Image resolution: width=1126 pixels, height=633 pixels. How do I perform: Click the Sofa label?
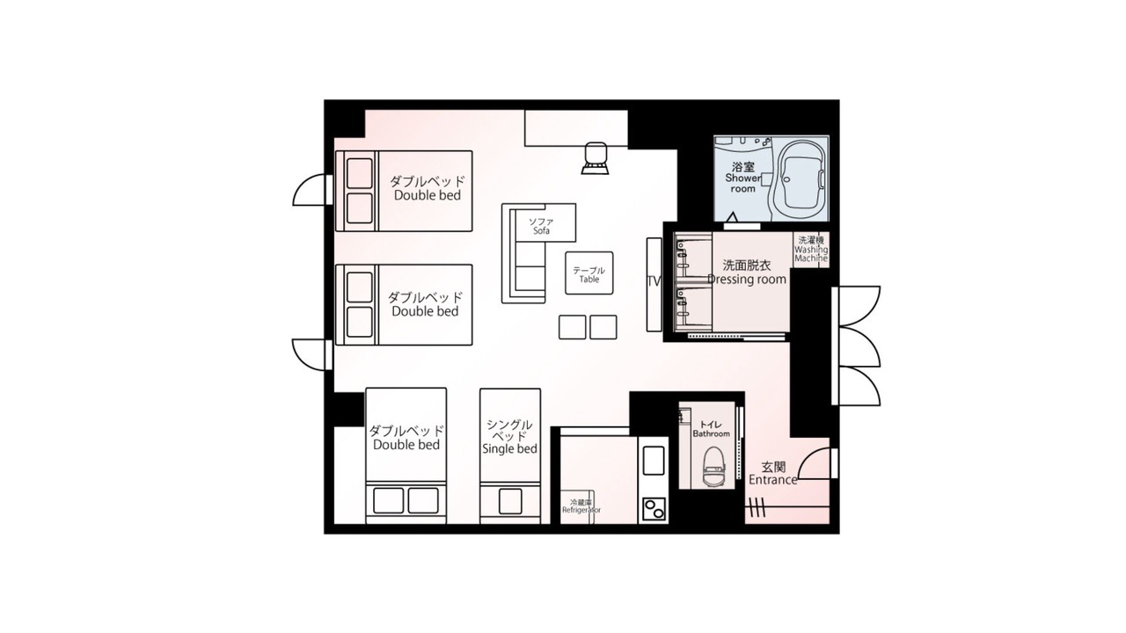(x=541, y=230)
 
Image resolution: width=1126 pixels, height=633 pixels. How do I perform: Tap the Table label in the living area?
(x=589, y=280)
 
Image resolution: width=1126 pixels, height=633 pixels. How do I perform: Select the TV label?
(x=654, y=281)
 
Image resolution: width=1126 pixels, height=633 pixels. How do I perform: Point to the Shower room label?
(x=743, y=184)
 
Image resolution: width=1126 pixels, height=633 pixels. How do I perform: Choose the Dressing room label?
(x=747, y=280)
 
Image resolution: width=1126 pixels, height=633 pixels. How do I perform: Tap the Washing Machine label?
(x=811, y=254)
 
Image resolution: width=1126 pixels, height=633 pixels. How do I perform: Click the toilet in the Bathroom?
(x=713, y=466)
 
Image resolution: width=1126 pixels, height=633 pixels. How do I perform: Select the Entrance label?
(x=773, y=480)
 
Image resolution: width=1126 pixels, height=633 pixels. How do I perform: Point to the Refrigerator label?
(x=581, y=510)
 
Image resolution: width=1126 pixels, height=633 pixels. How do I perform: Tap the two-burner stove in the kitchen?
(x=654, y=509)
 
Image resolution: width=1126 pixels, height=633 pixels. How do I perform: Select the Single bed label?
(x=509, y=448)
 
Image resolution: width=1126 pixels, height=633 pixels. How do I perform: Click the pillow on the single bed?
(x=510, y=501)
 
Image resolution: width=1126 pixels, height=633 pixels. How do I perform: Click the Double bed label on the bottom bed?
(x=406, y=445)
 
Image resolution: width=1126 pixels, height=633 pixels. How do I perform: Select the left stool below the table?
(x=572, y=327)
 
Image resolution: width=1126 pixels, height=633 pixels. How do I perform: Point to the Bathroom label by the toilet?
(x=711, y=433)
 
